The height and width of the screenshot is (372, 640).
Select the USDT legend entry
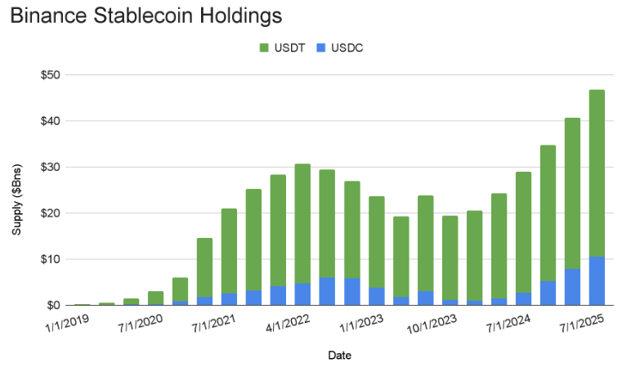coord(282,48)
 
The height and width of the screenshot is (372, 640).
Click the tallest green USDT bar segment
coord(597,173)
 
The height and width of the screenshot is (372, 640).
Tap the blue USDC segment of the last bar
coord(597,280)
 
